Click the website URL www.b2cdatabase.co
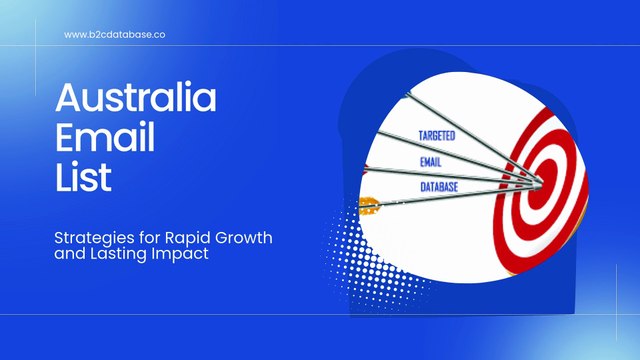114,34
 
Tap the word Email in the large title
104,140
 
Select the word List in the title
83,179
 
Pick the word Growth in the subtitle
246,238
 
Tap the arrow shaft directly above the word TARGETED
440,118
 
